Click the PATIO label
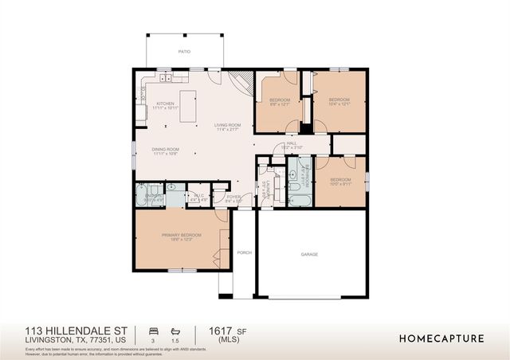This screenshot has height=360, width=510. point(186,50)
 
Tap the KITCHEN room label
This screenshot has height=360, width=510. point(165,104)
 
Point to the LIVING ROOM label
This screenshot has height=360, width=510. point(226,126)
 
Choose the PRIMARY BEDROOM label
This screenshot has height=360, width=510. point(181,235)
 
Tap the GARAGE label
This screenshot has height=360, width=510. point(309,255)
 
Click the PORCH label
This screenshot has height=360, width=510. point(244,252)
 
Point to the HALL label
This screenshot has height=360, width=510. point(292,144)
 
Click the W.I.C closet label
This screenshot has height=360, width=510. point(200,195)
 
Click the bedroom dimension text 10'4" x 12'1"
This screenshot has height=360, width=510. point(339,104)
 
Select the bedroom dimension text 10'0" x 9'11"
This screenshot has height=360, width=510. point(340,183)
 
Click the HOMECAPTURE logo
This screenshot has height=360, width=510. point(441,338)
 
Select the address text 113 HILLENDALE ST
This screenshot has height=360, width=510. point(65,331)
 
